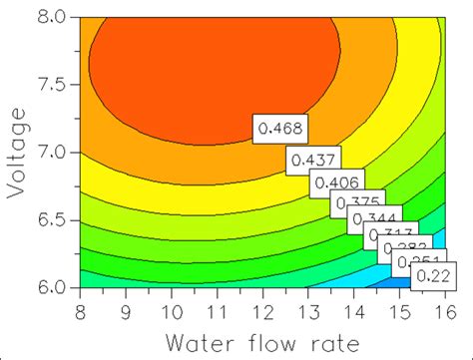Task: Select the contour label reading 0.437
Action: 313,158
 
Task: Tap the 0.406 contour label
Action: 336,181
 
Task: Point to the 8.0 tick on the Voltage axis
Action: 52,18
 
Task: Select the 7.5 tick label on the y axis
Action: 52,86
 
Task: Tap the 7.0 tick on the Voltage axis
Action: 52,153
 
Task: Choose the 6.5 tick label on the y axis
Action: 52,220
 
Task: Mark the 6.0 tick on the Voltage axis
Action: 52,287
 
